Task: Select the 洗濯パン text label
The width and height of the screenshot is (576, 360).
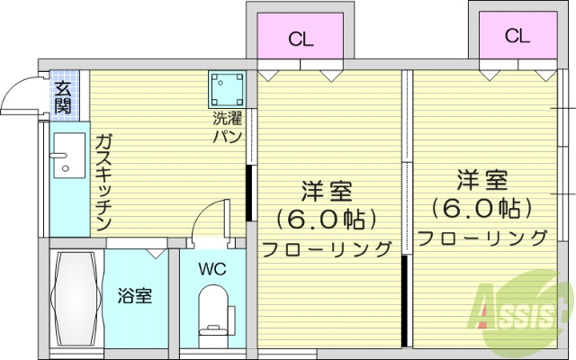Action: click(227, 127)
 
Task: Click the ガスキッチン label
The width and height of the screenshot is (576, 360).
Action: click(103, 181)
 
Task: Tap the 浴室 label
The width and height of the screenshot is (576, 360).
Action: click(136, 295)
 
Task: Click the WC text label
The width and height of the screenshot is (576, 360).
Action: click(213, 267)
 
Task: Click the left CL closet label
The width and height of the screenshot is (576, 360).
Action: click(301, 39)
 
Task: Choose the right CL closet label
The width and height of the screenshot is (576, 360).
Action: click(516, 35)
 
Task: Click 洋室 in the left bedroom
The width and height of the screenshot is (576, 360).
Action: click(326, 191)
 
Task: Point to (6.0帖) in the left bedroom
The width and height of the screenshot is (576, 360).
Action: click(326, 219)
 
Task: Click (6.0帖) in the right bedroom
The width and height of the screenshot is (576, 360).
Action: click(481, 209)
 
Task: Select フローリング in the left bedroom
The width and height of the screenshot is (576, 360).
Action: click(328, 248)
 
